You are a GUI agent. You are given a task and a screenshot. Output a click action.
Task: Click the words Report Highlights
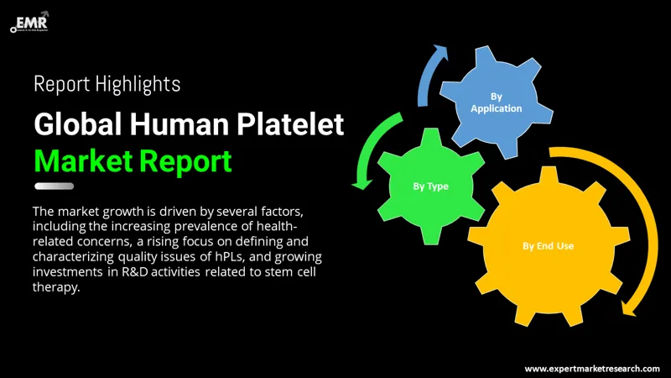(107, 84)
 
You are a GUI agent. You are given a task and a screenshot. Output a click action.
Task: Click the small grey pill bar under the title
(54, 186)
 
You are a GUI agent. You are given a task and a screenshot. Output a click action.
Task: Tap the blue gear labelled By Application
(496, 102)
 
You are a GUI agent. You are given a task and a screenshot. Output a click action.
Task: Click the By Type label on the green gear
(429, 186)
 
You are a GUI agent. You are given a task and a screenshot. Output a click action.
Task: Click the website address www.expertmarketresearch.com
(591, 368)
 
